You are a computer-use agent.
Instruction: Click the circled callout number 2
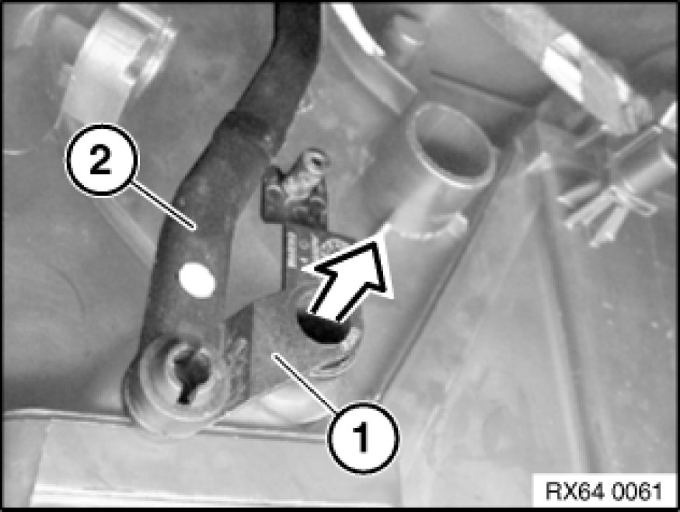[101, 160]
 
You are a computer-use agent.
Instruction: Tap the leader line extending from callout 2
[162, 205]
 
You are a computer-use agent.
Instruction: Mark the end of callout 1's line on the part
[272, 354]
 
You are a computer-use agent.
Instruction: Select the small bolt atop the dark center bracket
[313, 162]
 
